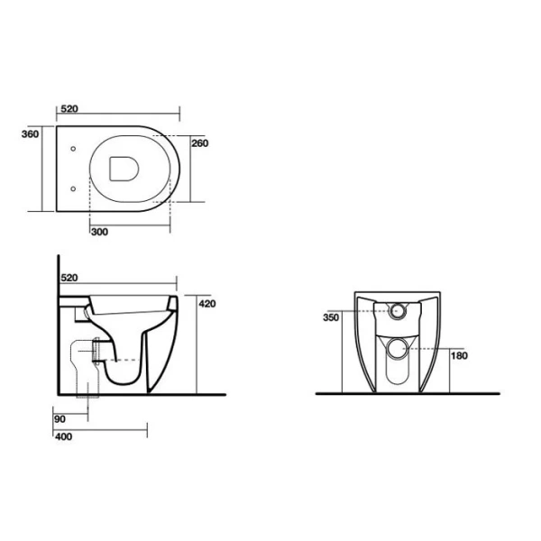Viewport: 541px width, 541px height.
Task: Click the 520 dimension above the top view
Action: (69, 109)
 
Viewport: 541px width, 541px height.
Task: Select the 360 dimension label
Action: (30, 134)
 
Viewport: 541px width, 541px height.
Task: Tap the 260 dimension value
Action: (200, 142)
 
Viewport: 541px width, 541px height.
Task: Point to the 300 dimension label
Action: (99, 232)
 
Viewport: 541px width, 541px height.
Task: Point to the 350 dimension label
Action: (333, 317)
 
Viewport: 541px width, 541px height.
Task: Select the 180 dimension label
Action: (461, 356)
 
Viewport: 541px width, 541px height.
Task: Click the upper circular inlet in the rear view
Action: (398, 313)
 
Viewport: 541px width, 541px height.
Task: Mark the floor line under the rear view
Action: (406, 394)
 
